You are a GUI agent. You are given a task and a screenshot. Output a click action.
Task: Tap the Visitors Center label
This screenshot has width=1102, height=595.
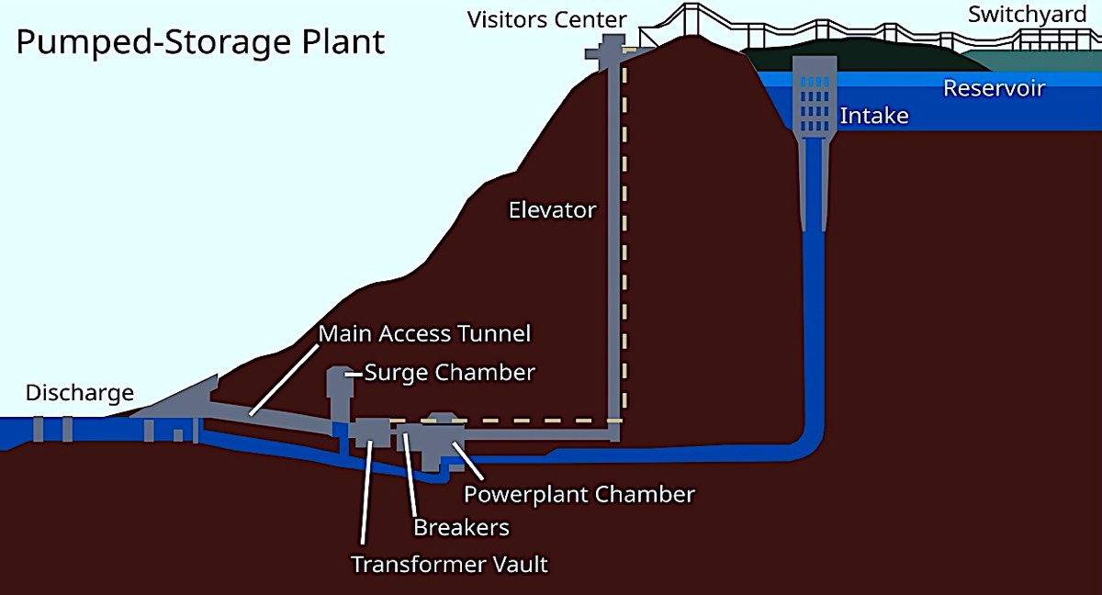[x=546, y=19]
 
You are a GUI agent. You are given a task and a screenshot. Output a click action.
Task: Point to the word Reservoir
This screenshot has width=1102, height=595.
[x=994, y=89]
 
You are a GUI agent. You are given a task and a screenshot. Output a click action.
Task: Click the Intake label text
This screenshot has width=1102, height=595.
[x=873, y=116]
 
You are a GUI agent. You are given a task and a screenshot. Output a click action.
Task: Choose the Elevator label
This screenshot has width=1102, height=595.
[x=552, y=210]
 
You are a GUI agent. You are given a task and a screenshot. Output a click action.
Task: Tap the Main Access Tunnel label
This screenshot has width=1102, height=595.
[x=424, y=332]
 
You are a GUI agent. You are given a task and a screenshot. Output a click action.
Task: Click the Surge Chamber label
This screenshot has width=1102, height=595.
[x=449, y=373]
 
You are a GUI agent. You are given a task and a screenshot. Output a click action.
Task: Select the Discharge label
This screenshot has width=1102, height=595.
[x=79, y=394]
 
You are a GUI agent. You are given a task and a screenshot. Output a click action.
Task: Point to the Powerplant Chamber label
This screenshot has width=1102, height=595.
[x=579, y=494]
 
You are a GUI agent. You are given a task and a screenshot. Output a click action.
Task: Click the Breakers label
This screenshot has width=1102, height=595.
[x=461, y=527]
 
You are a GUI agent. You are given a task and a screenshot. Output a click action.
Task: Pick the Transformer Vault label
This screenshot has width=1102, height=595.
[x=449, y=563]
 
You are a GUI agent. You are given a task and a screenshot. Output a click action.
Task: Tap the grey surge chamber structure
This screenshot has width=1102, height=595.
[x=340, y=390]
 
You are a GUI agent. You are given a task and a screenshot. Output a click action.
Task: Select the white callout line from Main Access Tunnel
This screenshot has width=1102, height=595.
[x=281, y=377]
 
